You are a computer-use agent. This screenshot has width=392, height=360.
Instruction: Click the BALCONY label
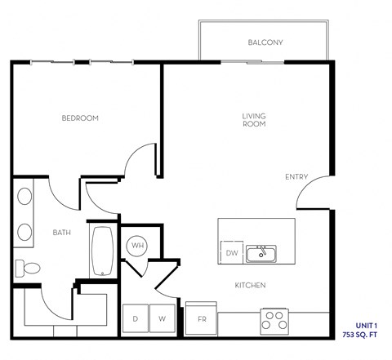point(265,42)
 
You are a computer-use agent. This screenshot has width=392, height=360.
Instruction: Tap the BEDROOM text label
point(80,118)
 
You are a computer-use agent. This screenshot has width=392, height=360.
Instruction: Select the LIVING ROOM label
point(254,120)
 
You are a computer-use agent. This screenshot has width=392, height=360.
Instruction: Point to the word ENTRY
point(296,176)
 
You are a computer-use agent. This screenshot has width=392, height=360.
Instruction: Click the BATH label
point(62,233)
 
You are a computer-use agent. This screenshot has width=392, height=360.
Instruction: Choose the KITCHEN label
point(250,285)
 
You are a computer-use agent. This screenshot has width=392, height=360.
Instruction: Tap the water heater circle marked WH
point(136,245)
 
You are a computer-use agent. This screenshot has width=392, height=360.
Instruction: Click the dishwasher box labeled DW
point(232,254)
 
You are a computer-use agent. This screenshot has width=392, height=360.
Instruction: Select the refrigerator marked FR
point(201,319)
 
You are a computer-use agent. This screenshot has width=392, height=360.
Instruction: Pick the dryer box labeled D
point(135,318)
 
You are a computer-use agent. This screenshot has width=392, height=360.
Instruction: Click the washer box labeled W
point(162,318)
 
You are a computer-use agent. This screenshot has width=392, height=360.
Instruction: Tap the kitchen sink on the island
point(261,252)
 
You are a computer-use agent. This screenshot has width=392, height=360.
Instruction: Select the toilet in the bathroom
point(26,268)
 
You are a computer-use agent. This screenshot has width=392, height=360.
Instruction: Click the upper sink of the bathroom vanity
point(24,197)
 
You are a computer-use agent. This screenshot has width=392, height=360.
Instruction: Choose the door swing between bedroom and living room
point(141,162)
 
